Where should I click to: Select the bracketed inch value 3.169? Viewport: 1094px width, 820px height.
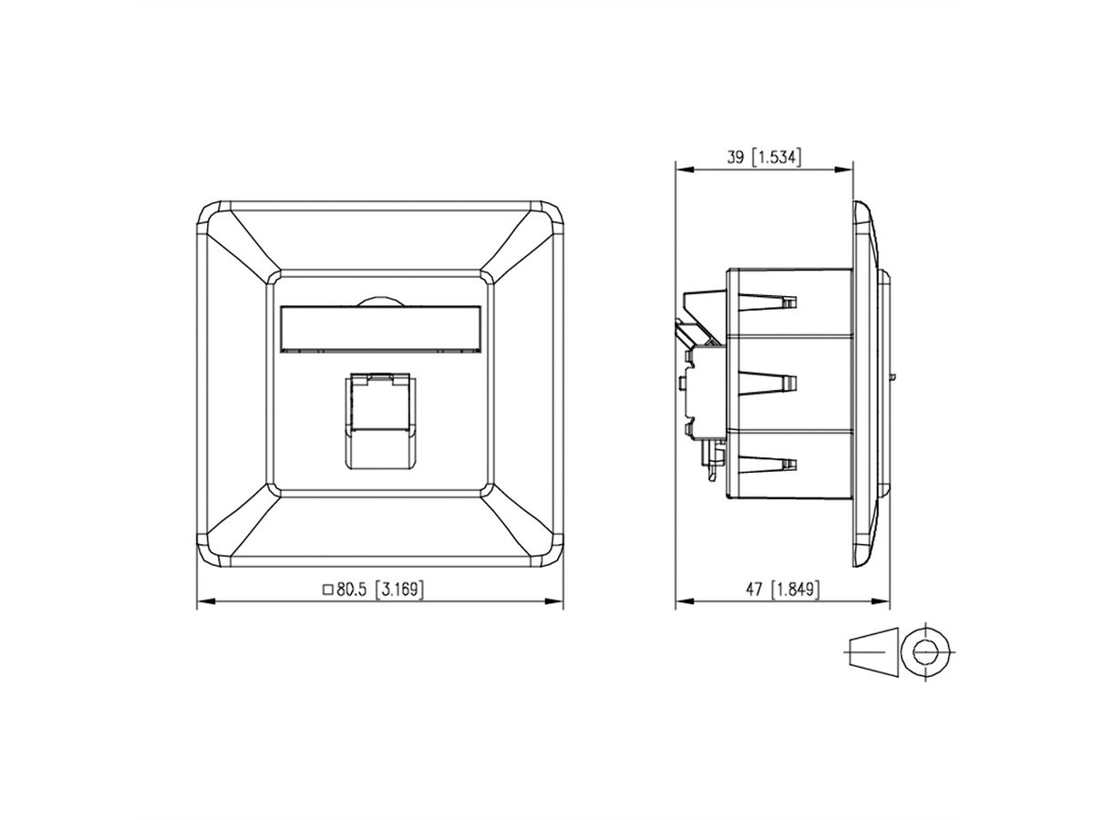401,589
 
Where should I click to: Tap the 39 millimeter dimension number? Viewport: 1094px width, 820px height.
735,158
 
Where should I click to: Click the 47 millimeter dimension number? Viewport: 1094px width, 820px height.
753,589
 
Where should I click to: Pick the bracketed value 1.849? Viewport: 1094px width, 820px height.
795,589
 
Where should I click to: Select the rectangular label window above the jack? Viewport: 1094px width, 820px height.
379,328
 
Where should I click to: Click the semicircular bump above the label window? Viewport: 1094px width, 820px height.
379,300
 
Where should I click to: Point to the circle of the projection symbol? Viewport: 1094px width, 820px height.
925,651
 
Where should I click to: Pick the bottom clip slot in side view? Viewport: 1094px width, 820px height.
770,465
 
